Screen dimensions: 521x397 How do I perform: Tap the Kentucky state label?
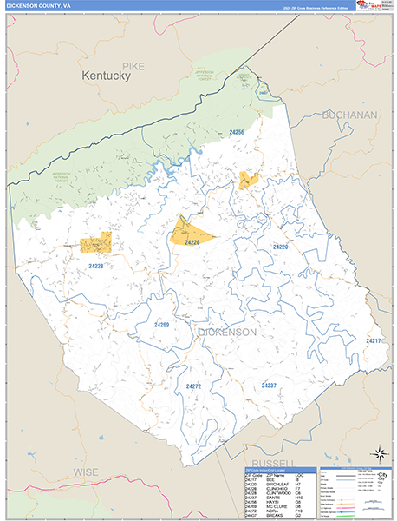[106, 76]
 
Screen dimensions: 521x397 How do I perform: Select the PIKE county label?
[133, 65]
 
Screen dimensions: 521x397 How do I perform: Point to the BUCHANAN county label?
[349, 115]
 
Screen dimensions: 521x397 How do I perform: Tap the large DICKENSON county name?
[227, 332]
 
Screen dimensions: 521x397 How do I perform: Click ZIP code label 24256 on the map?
[237, 132]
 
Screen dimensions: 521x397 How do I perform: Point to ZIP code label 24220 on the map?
[280, 247]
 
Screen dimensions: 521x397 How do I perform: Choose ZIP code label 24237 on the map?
[269, 384]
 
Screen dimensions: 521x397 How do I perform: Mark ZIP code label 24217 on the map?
[373, 340]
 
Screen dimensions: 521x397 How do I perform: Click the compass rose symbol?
[378, 452]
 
